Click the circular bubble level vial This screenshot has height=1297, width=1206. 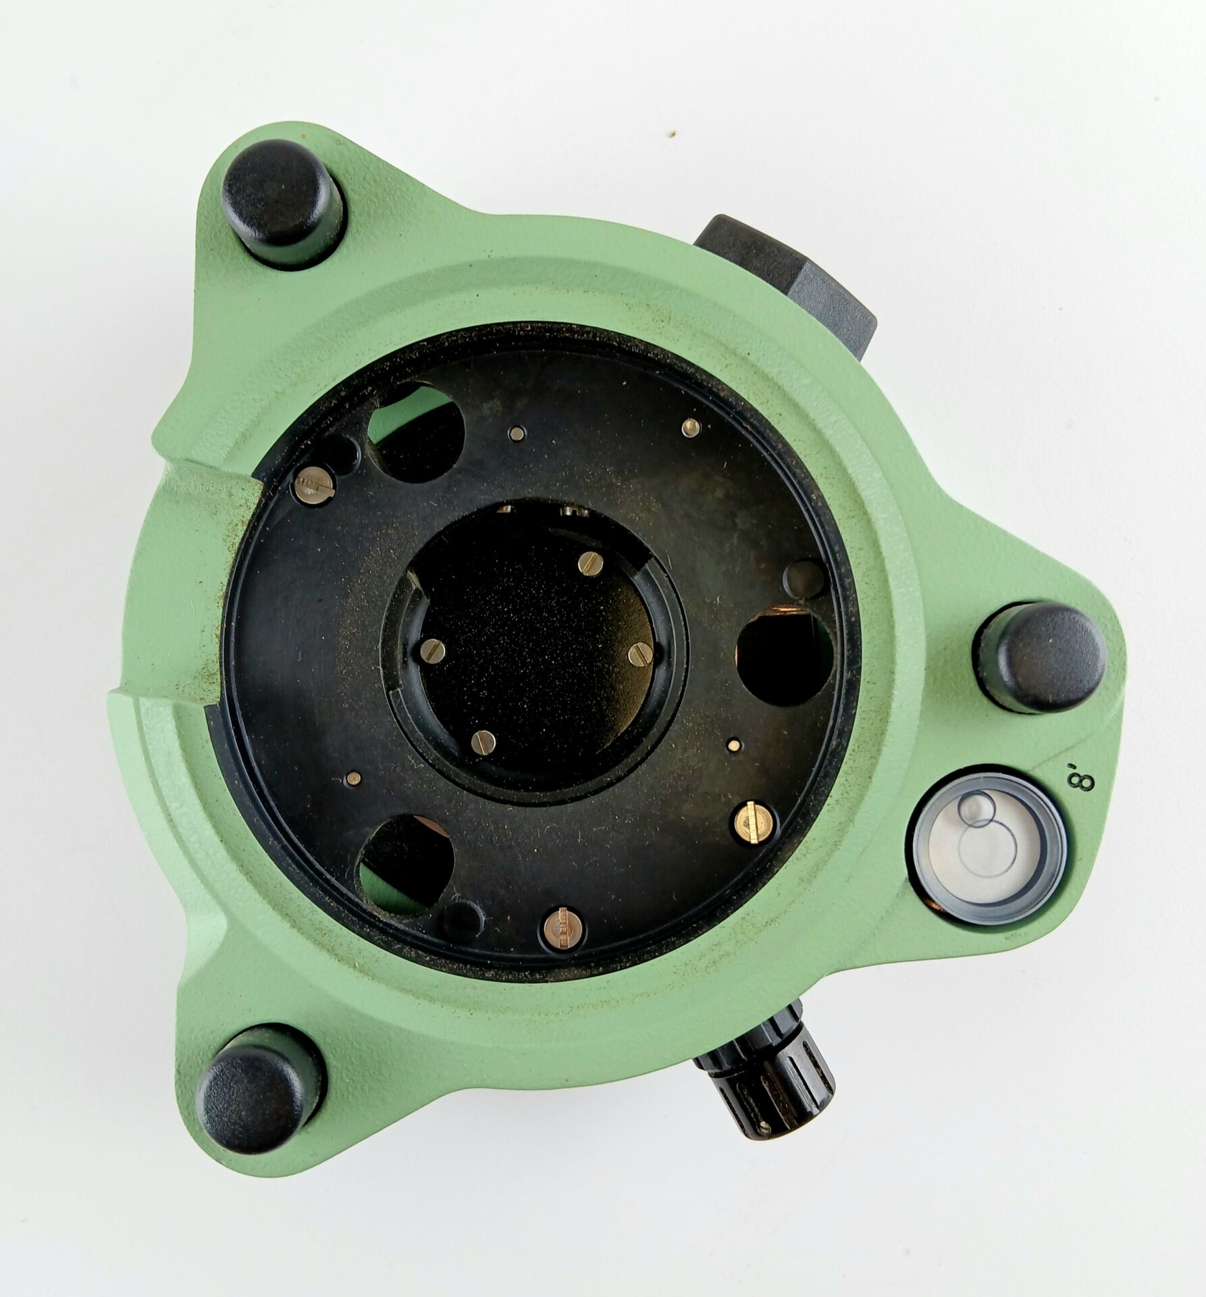(x=989, y=844)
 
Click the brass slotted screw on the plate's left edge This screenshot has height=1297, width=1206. (x=315, y=486)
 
